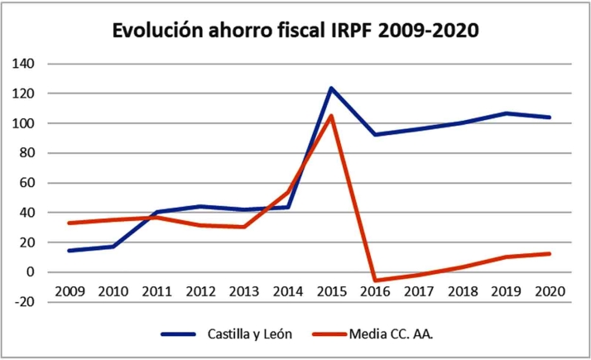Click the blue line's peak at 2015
tap(331, 88)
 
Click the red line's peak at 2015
tap(331, 116)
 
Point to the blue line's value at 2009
tap(69, 250)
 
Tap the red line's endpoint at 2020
tap(549, 253)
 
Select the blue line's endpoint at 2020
tap(549, 118)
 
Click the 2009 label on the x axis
tap(69, 291)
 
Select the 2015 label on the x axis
tap(331, 291)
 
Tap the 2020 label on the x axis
tap(549, 291)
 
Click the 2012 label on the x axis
tap(199, 291)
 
